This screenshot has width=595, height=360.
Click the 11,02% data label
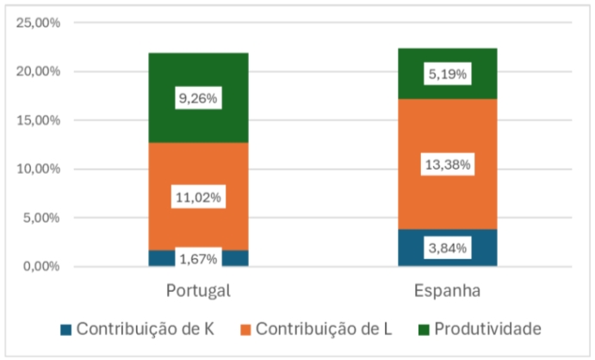click(198, 196)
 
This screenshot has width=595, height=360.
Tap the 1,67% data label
click(198, 258)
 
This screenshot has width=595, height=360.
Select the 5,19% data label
click(447, 74)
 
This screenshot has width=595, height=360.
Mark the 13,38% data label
click(447, 164)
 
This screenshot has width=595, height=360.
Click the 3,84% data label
click(447, 248)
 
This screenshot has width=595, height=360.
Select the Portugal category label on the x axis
click(198, 290)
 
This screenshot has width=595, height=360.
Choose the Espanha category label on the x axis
click(447, 290)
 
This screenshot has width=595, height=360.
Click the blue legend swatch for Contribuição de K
click(65, 330)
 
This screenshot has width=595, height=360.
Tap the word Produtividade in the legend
click(487, 329)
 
